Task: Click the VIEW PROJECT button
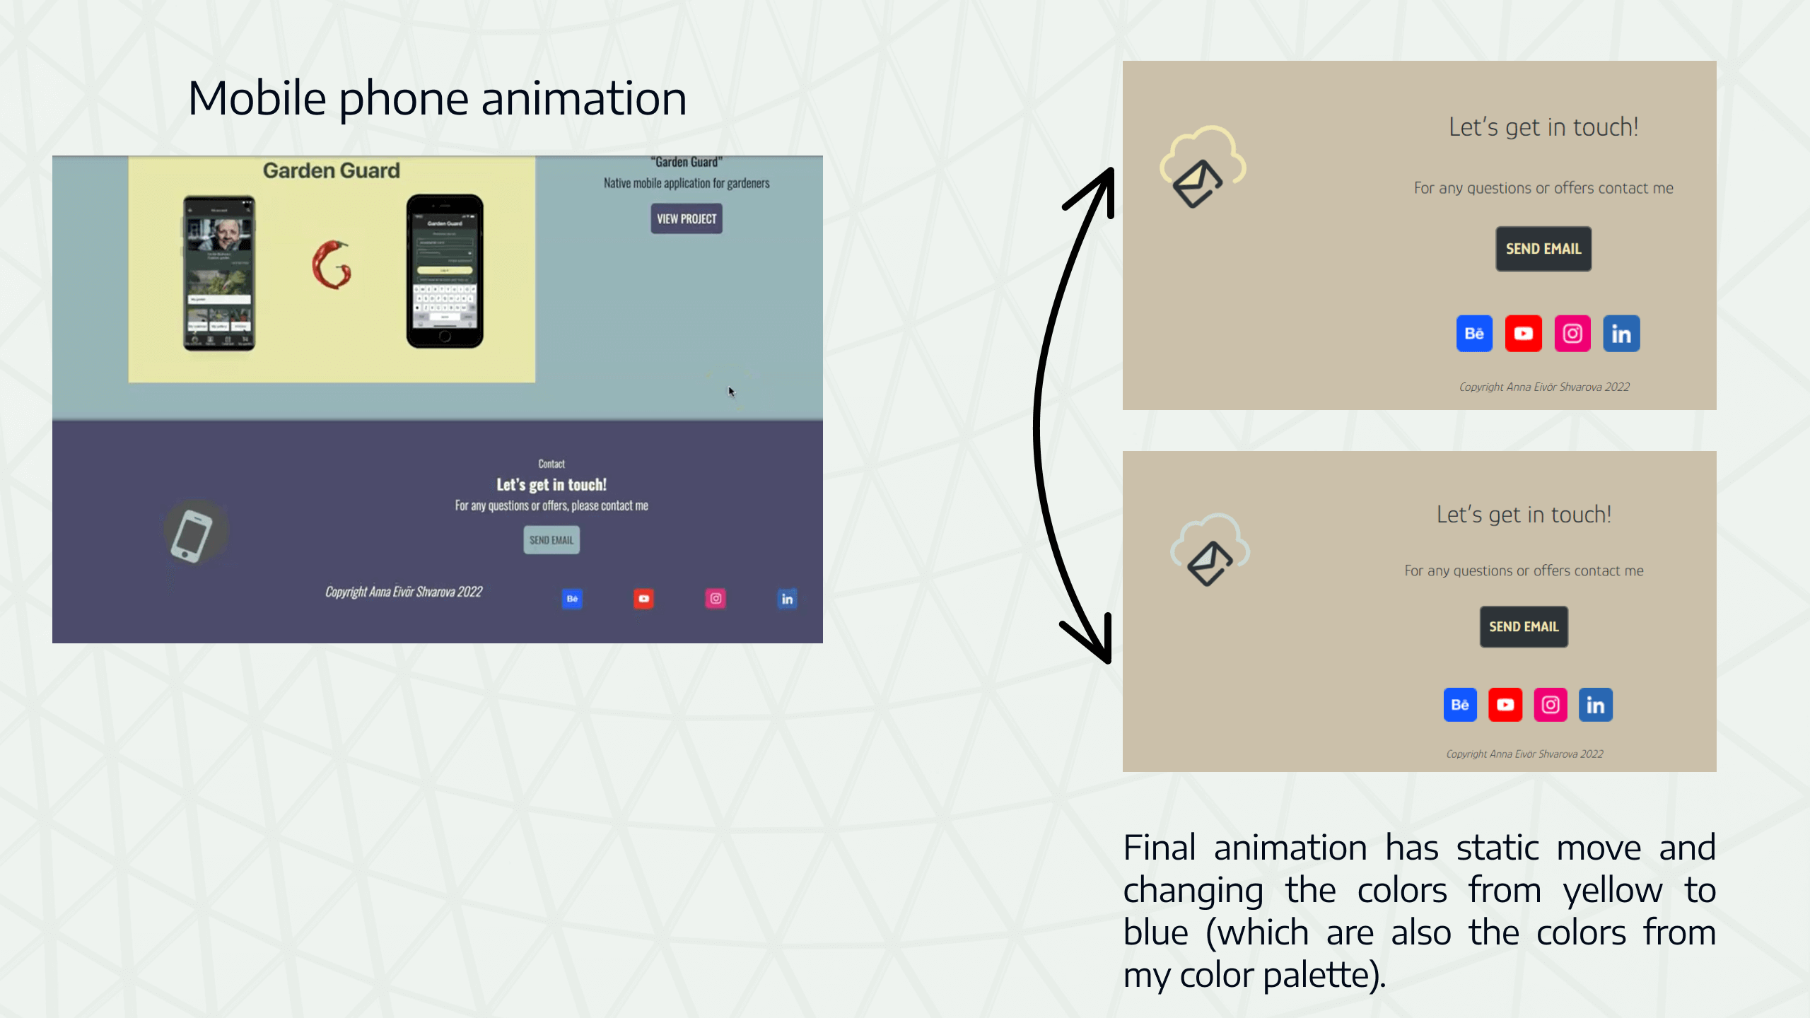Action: pos(686,218)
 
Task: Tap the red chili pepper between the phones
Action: pos(332,264)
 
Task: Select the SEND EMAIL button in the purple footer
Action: pos(551,540)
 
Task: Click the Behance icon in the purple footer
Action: pos(572,599)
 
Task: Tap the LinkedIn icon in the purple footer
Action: pos(787,599)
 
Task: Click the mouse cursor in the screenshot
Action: pos(732,392)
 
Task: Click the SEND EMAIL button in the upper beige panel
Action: pos(1543,249)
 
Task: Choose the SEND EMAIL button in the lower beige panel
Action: pos(1524,627)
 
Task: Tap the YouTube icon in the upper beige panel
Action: pos(1523,334)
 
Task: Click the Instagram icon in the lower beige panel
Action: pos(1551,705)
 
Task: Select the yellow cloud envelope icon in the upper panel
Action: pos(1202,168)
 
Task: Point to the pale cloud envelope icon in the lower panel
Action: pos(1210,551)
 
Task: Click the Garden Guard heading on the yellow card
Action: pos(331,170)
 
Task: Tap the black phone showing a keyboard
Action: pos(445,271)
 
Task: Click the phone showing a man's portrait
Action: pos(219,273)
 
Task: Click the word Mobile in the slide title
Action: pos(257,98)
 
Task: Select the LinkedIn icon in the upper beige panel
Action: pos(1621,334)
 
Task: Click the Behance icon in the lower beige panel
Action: pos(1460,705)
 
